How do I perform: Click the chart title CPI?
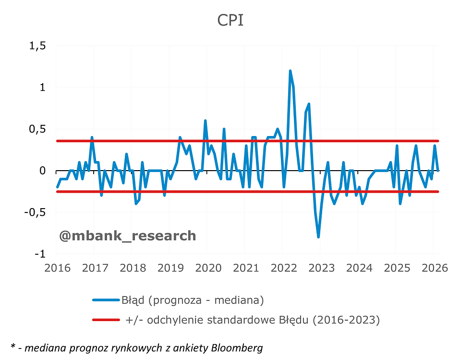230,20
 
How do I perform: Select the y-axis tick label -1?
41,254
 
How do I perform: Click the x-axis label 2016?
57,268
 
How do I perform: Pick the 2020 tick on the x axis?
207,268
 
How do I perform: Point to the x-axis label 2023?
321,268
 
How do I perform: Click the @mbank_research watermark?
127,236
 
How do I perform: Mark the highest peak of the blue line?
291,71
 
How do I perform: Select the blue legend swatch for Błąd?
106,300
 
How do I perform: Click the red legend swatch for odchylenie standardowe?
106,320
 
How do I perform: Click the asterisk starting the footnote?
13,346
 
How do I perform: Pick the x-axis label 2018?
132,268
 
